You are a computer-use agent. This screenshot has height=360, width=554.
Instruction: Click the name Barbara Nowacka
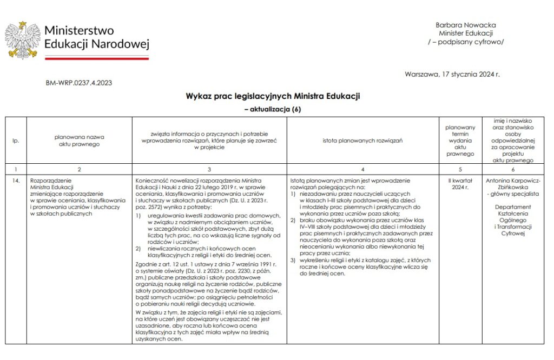coord(465,25)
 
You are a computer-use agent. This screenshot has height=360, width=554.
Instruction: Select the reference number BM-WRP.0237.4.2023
coord(79,83)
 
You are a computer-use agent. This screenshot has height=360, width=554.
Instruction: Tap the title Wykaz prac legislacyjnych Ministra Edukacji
coord(273,96)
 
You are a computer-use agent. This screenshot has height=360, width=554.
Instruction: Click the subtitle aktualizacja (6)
coord(273,109)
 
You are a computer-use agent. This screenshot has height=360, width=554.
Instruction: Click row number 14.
coord(16,181)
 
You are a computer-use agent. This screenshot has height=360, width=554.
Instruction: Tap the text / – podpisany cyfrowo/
coord(465,41)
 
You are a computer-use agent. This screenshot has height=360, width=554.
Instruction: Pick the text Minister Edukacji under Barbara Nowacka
coord(465,33)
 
